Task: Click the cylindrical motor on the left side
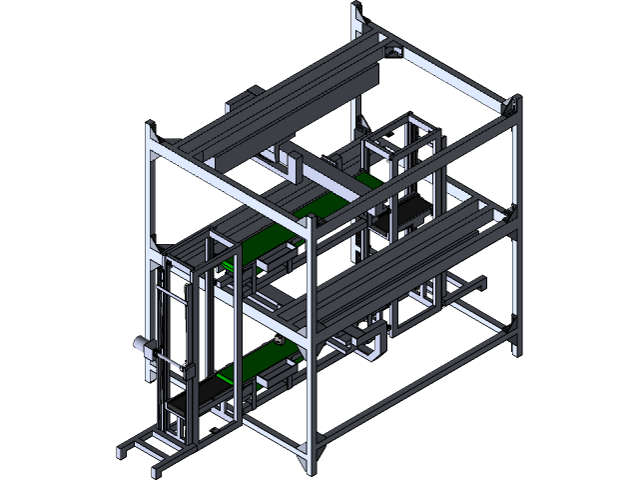point(141,345)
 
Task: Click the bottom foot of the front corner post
point(305,463)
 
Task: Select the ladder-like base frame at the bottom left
point(150,446)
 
